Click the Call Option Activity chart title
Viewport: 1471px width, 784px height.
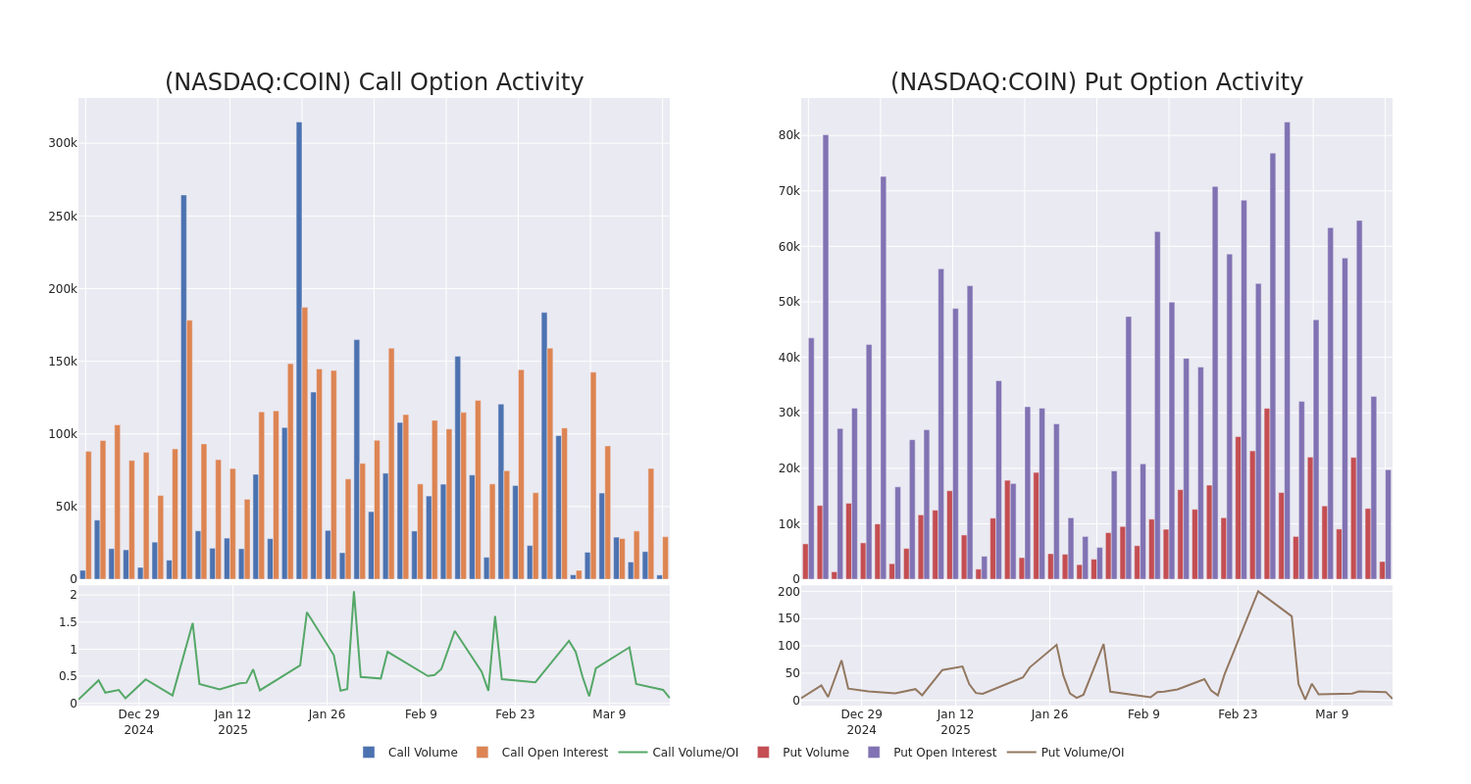(374, 82)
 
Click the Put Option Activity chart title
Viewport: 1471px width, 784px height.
(1096, 82)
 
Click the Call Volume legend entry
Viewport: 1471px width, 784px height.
(410, 753)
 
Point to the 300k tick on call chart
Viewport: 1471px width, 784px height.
(63, 143)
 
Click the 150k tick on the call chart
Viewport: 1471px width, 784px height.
(63, 362)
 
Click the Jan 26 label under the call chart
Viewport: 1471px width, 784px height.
(327, 714)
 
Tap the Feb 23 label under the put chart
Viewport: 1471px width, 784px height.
(1238, 714)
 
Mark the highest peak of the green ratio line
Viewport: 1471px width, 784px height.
(354, 591)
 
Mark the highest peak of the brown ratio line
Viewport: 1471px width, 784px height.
(1257, 591)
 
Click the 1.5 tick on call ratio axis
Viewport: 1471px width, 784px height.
(67, 622)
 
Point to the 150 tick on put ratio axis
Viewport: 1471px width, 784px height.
(788, 618)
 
